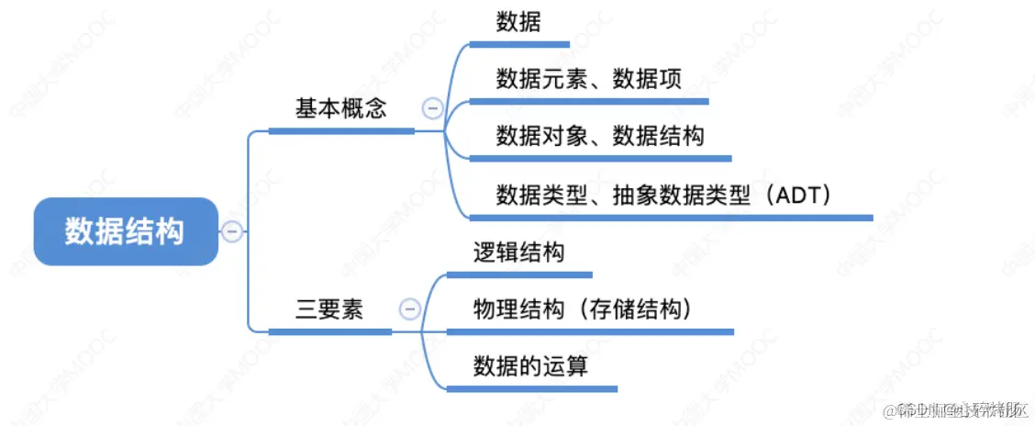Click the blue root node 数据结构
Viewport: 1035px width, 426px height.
[x=126, y=231]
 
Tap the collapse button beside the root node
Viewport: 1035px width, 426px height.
[x=232, y=231]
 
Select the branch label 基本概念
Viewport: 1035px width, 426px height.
[x=340, y=108]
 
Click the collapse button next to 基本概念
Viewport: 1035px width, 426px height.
[x=431, y=108]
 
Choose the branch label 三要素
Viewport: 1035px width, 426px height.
[x=328, y=309]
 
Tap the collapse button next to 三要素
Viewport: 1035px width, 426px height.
[x=410, y=309]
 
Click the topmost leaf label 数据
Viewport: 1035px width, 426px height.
[x=518, y=22]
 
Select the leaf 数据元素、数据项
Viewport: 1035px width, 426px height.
[x=588, y=79]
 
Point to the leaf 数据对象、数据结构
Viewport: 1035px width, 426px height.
[x=600, y=137]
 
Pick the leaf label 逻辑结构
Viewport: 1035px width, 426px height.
[x=518, y=252]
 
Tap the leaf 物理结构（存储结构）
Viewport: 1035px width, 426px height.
[x=582, y=309]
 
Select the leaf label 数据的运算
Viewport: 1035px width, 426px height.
[x=530, y=366]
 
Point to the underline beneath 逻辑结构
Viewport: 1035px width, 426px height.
[x=519, y=274]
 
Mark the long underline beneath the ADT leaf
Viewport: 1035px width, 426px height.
[x=670, y=218]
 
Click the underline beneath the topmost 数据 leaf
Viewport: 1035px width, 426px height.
[x=519, y=43]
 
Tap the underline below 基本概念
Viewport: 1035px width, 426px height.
[x=341, y=131]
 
